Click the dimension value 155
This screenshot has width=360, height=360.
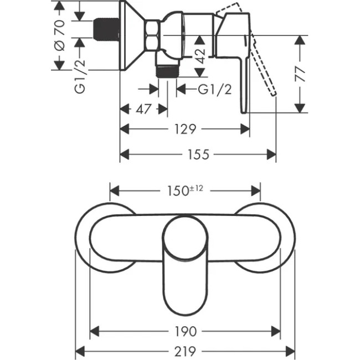[198, 155]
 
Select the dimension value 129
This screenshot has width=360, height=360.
[185, 129]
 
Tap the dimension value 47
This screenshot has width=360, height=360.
[144, 109]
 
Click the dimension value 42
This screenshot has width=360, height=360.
[200, 56]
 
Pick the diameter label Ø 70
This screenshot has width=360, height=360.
[60, 34]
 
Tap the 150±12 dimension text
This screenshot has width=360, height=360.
[185, 190]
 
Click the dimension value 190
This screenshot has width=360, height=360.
[185, 332]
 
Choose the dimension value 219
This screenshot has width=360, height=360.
[185, 351]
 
